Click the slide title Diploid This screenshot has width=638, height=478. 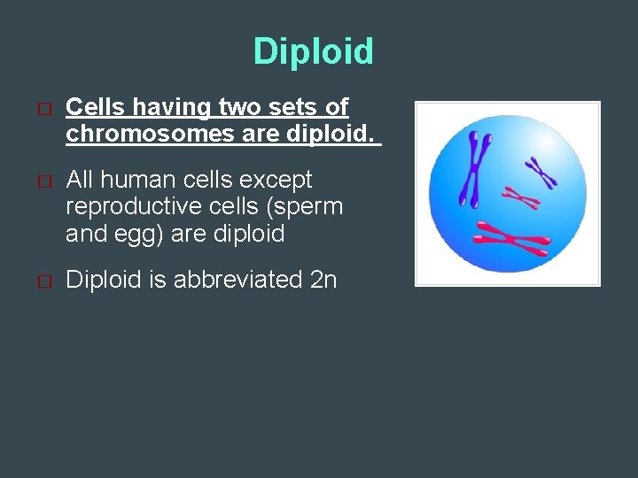click(x=313, y=51)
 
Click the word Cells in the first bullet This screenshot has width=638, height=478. click(x=96, y=108)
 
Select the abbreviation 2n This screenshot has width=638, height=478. click(x=323, y=280)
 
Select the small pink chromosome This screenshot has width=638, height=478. click(x=522, y=197)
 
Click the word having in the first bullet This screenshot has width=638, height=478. click(x=175, y=108)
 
